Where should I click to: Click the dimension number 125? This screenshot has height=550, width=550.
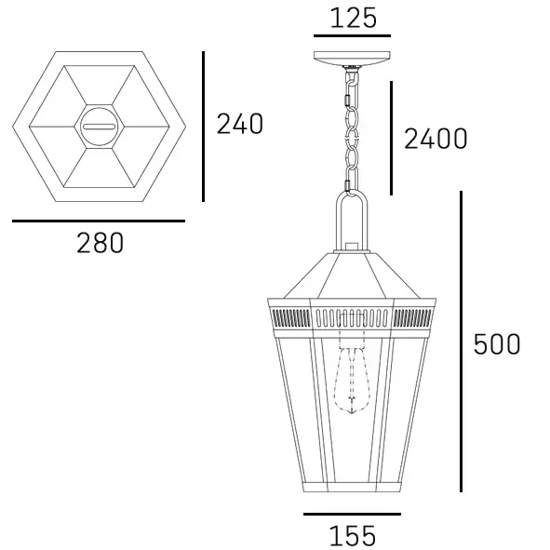[x=352, y=18]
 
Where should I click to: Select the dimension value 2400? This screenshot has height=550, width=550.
[x=435, y=140]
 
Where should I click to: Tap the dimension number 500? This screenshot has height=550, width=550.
[x=497, y=344]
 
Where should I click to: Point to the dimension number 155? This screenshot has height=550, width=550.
[x=352, y=536]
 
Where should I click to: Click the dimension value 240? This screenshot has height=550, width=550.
[x=240, y=124]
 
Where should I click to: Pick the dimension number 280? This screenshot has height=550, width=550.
[x=100, y=244]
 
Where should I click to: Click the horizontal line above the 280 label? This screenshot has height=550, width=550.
[x=99, y=221]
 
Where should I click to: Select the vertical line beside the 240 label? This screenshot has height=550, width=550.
[x=203, y=126]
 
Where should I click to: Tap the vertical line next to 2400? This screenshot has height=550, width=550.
[x=391, y=138]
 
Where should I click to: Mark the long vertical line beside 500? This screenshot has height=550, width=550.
[x=461, y=342]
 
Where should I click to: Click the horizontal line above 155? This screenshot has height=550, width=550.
[x=352, y=514]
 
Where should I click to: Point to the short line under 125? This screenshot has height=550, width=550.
[x=352, y=37]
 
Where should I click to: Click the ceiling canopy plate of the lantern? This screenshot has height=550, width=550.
[x=352, y=58]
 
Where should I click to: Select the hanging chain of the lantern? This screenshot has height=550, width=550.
[x=352, y=130]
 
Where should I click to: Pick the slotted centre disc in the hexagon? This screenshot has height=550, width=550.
[x=99, y=125]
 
